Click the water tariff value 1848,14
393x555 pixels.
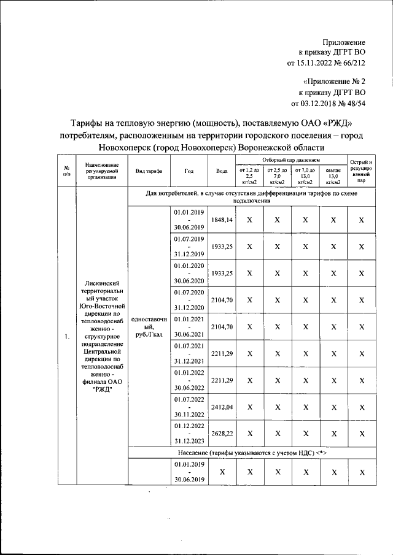click(221, 220)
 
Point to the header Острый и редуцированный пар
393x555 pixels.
click(362, 172)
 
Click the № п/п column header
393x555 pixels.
click(66, 172)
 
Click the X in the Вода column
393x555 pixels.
click(221, 473)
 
